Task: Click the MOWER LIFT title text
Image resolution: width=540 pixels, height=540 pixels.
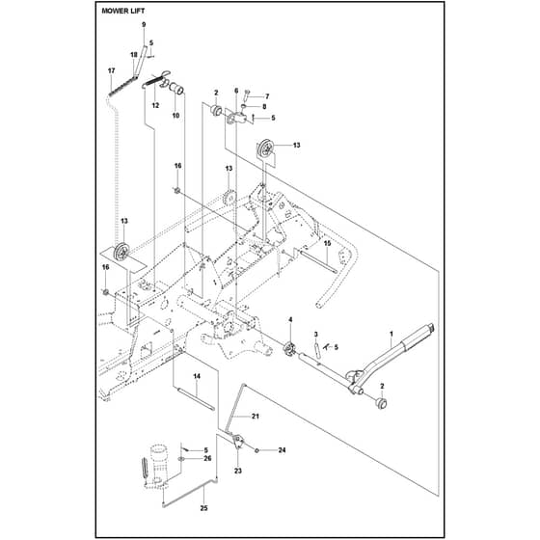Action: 123,11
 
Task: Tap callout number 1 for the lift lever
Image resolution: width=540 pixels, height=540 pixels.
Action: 391,334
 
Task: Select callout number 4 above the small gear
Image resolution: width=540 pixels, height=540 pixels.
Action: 290,320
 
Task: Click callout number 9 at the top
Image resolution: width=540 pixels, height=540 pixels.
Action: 144,24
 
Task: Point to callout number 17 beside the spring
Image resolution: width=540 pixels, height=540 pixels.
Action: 111,70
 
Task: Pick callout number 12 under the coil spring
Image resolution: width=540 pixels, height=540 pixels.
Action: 155,105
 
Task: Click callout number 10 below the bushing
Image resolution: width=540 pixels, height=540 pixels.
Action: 175,115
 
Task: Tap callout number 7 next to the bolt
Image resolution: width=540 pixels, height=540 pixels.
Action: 267,96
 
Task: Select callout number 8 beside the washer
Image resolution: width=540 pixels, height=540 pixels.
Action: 264,107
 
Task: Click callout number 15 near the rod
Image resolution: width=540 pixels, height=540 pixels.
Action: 327,243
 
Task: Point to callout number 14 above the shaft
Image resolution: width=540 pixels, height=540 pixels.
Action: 197,376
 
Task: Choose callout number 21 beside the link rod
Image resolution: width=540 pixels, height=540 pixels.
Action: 255,416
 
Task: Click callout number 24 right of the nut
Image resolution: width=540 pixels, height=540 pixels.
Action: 282,450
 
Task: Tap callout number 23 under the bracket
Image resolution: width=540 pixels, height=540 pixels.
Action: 238,471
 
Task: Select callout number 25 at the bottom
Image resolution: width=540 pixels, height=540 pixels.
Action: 203,508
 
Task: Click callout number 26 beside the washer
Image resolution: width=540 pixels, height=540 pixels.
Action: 207,458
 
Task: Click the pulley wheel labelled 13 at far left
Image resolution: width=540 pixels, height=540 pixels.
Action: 121,252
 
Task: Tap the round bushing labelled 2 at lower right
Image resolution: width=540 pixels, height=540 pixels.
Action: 381,403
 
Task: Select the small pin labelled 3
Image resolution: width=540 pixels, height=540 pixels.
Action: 317,349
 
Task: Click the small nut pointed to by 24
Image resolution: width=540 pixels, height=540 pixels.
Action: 256,450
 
